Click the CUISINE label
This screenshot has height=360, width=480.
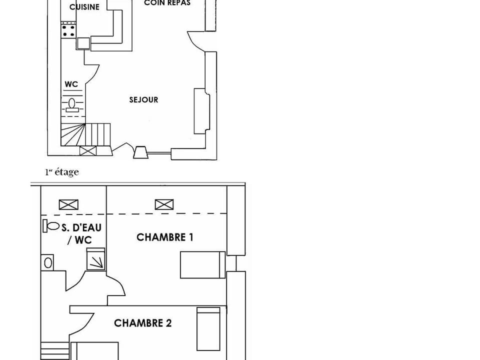pyautogui.click(x=84, y=7)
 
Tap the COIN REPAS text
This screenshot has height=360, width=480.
pyautogui.click(x=167, y=3)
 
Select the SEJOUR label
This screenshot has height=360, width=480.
pyautogui.click(x=143, y=100)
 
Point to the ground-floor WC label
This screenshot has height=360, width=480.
pyautogui.click(x=71, y=84)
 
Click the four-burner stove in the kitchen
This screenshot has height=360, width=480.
pyautogui.click(x=68, y=30)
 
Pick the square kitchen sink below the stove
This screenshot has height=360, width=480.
pyautogui.click(x=83, y=43)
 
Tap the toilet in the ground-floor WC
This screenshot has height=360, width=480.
pyautogui.click(x=71, y=104)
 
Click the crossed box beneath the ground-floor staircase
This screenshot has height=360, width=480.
pyautogui.click(x=87, y=150)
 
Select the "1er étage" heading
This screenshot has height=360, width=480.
pyautogui.click(x=62, y=172)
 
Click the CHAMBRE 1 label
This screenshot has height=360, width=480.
pyautogui.click(x=164, y=237)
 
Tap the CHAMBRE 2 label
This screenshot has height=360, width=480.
pyautogui.click(x=142, y=323)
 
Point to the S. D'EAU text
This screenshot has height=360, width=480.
pyautogui.click(x=81, y=227)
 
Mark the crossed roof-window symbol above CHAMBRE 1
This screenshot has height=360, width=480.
pyautogui.click(x=164, y=204)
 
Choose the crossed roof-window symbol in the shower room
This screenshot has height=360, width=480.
pyautogui.click(x=68, y=204)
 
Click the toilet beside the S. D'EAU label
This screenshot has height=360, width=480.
pyautogui.click(x=51, y=225)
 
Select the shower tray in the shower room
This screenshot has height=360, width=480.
pyautogui.click(x=95, y=259)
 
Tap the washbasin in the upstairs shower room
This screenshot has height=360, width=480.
pyautogui.click(x=47, y=262)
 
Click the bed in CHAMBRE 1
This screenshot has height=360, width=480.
pyautogui.click(x=202, y=265)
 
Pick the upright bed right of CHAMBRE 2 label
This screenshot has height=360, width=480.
pyautogui.click(x=208, y=329)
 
